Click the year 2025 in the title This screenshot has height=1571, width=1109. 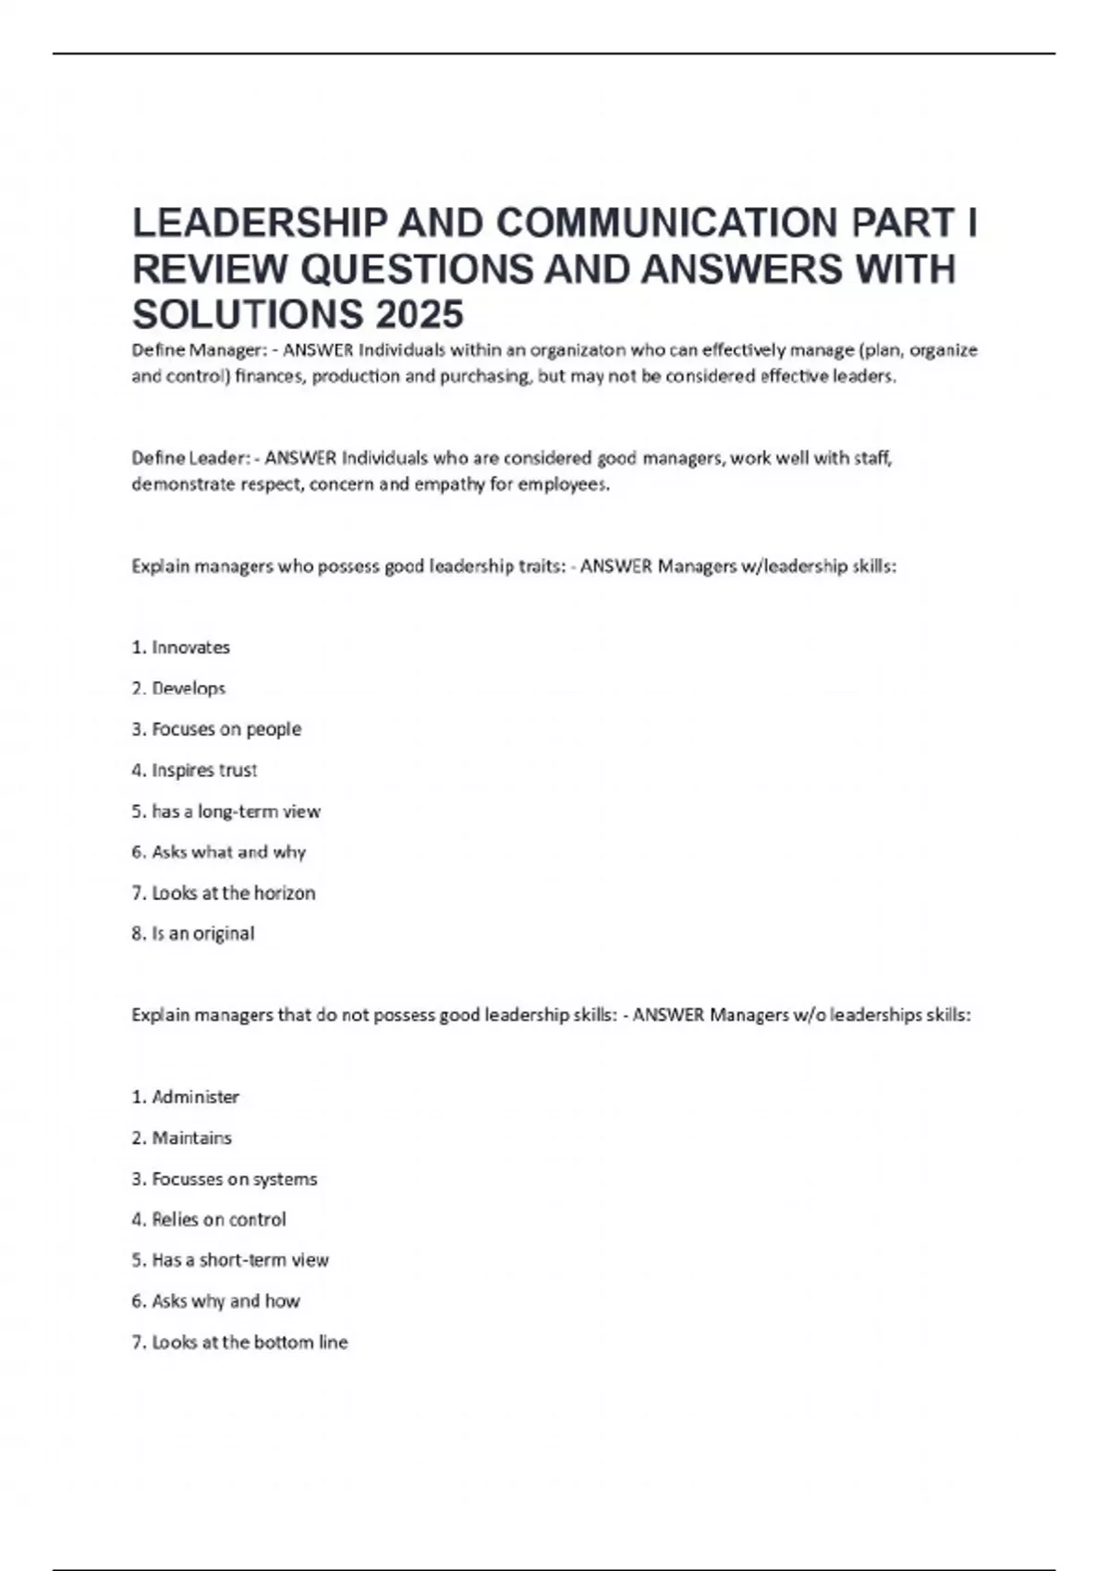pyautogui.click(x=419, y=314)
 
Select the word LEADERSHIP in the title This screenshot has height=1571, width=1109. pyautogui.click(x=261, y=223)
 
